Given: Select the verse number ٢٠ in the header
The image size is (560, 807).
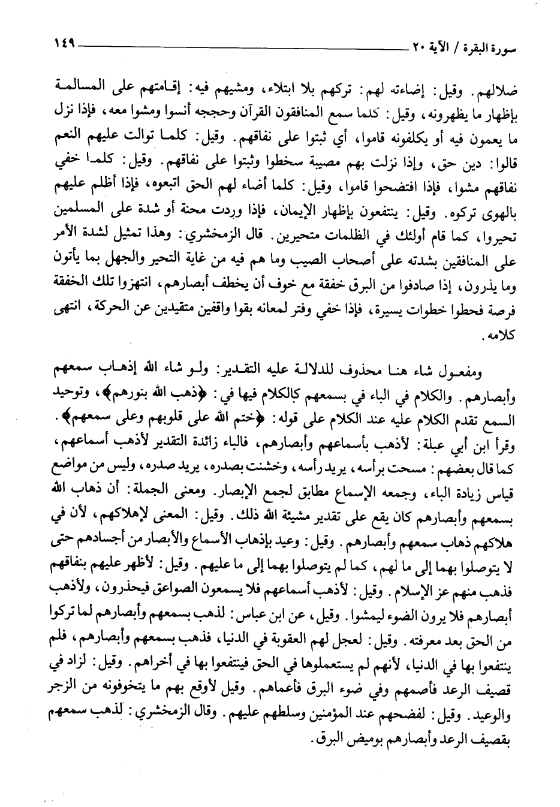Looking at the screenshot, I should tap(411, 47).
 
